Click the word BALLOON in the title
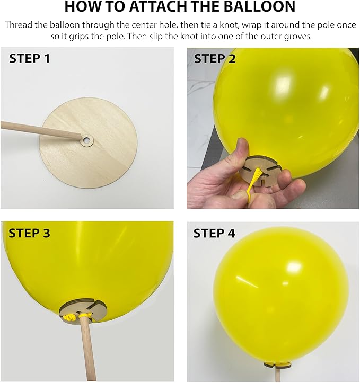[x=259, y=6]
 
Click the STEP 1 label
[x=29, y=58]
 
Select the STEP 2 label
[x=215, y=59]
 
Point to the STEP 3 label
[x=29, y=233]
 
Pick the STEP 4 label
[x=214, y=233]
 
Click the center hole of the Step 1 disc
[x=86, y=140]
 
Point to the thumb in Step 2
[x=242, y=150]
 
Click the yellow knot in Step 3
[x=69, y=317]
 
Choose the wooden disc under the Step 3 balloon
[x=83, y=311]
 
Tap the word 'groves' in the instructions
[x=296, y=37]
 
